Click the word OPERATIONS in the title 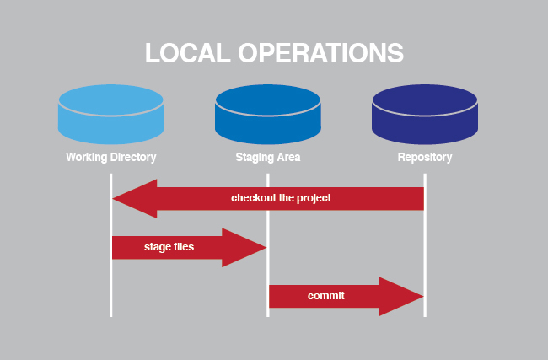pyautogui.click(x=322, y=52)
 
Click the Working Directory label pyautogui.click(x=110, y=157)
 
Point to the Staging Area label pyautogui.click(x=267, y=157)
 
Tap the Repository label pyautogui.click(x=424, y=157)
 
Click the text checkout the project pyautogui.click(x=281, y=198)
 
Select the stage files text pyautogui.click(x=168, y=248)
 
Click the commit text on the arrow pyautogui.click(x=325, y=296)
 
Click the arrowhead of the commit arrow pyautogui.click(x=413, y=296)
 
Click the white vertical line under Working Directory pyautogui.click(x=110, y=287)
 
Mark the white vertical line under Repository pyautogui.click(x=424, y=253)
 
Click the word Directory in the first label pyautogui.click(x=133, y=157)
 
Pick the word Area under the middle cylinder pyautogui.click(x=288, y=157)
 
